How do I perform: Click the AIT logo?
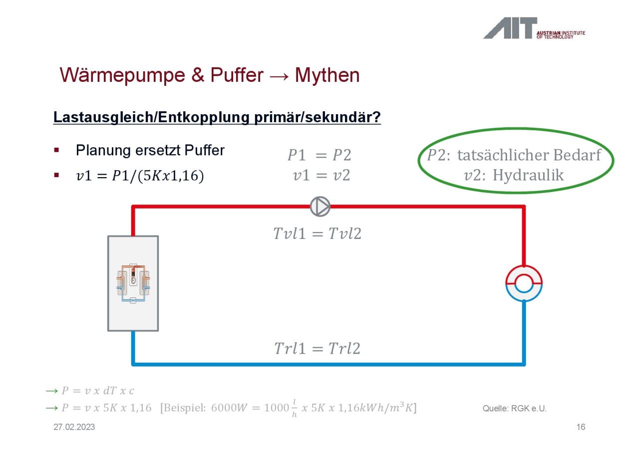(534, 28)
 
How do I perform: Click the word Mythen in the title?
(327, 75)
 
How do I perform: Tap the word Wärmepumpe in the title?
(122, 75)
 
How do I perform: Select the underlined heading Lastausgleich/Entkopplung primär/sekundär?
(217, 117)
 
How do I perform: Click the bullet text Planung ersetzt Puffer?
(150, 150)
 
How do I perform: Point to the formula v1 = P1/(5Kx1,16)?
(140, 175)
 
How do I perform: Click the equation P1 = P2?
(319, 155)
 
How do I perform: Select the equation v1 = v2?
(321, 175)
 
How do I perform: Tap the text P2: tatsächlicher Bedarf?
(514, 155)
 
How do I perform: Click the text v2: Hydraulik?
(514, 175)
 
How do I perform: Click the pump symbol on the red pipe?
(320, 207)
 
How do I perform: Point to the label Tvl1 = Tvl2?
(317, 233)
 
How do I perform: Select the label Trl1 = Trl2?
(317, 348)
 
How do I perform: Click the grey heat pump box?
(133, 283)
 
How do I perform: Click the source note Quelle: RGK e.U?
(514, 409)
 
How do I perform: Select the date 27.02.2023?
(74, 427)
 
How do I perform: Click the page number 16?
(581, 427)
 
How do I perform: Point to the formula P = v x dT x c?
(97, 391)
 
